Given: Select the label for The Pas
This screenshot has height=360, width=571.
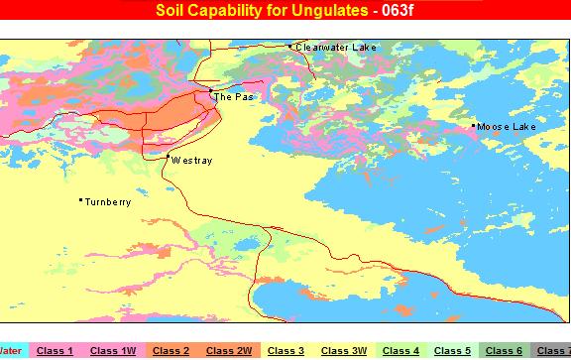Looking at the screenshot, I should pos(234,97).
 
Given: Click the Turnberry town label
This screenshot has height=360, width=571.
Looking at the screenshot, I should pos(108,202).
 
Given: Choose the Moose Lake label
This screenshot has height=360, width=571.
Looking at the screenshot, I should pos(507,127).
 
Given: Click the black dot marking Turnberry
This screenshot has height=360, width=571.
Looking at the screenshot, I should pos(80,201).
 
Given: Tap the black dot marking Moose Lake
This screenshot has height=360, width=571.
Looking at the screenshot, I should pos(474,126).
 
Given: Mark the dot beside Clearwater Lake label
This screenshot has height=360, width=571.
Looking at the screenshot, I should pos(289,46).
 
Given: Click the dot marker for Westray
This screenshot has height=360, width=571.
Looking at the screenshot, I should pos(168,157).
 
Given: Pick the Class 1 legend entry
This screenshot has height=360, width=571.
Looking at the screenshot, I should pos(55,350).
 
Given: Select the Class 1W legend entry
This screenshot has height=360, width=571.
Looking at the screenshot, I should pos(112,350).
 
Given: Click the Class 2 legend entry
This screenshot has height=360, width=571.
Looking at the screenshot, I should pos(171,350).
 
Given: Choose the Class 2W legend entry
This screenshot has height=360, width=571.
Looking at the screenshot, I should pos(229,350).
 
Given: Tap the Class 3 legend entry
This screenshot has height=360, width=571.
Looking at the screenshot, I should pos(285,350).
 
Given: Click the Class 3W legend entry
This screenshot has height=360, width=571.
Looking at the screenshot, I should pos(344,350).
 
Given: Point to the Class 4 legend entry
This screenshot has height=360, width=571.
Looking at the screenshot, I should pos(401,350).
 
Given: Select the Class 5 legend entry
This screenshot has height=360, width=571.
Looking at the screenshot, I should pos(452,350).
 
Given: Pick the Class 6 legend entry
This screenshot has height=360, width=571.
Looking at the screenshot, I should pos(504,350).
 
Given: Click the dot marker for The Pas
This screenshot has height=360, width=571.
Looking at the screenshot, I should pos(210,91).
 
